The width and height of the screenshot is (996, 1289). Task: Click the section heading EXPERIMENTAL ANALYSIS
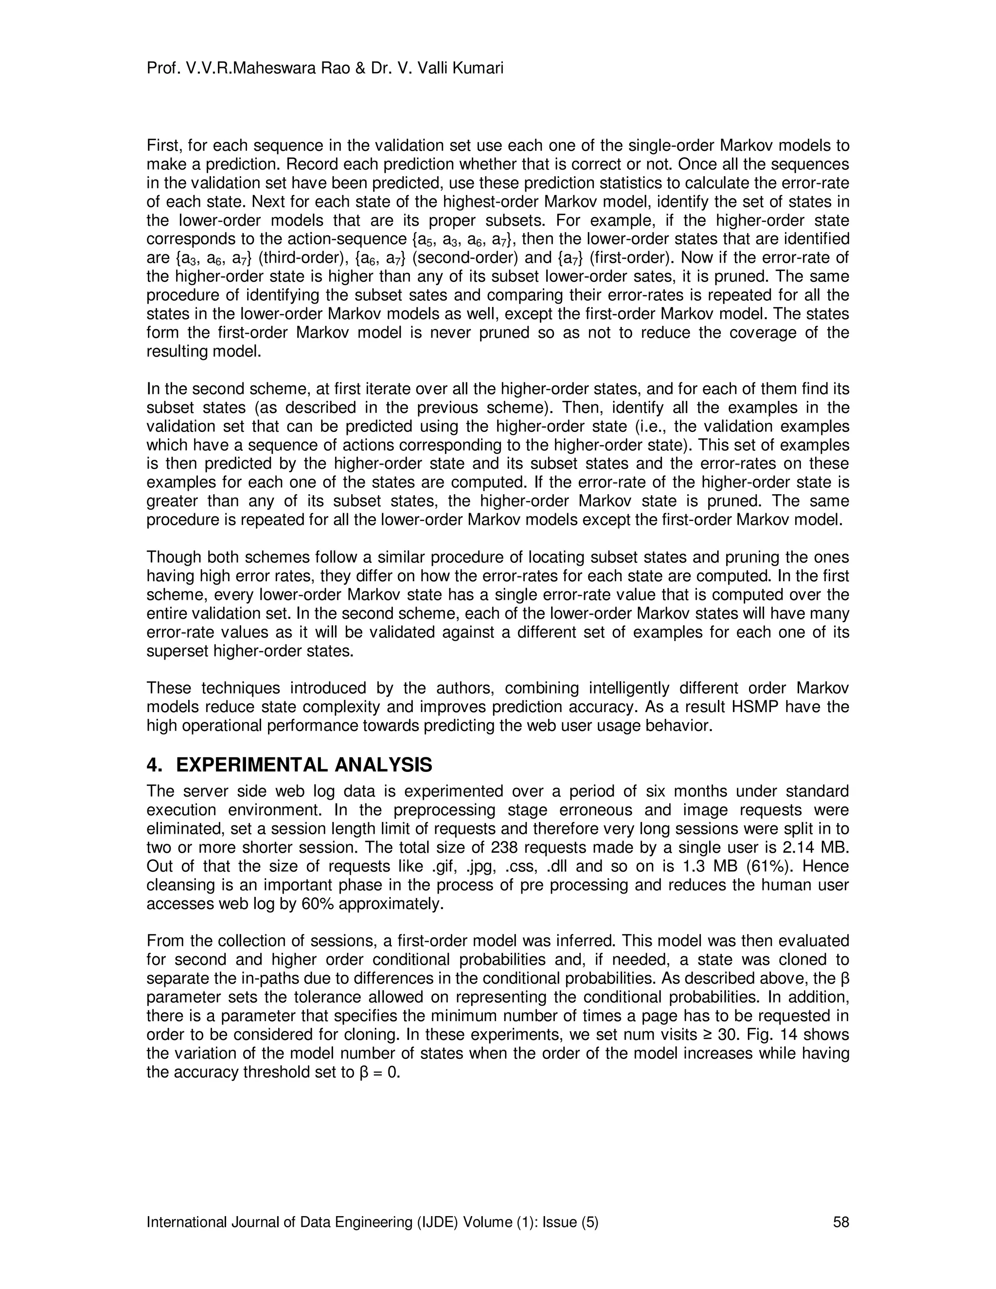[x=304, y=766]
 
